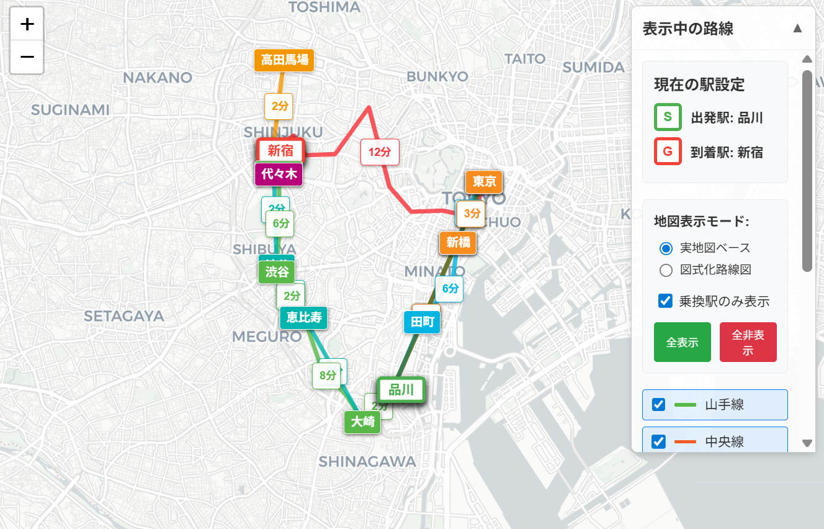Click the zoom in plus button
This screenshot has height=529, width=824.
coord(27,24)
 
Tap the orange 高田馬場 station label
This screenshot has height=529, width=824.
coord(284,60)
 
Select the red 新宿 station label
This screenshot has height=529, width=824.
coord(280,150)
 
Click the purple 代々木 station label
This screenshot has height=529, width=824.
coord(279,174)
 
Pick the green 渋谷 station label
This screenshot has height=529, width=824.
coord(277,272)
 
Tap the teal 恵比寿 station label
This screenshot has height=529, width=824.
coord(303,317)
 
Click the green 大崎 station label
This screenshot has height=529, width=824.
coord(362,422)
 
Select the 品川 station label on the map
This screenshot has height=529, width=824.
coord(401,390)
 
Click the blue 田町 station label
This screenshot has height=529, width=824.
coord(422,322)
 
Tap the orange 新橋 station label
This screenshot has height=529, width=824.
coord(458,242)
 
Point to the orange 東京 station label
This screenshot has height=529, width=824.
coord(484,181)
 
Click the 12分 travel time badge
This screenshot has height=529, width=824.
coord(380,151)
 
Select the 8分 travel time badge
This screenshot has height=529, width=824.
coord(327,375)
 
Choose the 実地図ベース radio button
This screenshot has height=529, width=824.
coord(666,248)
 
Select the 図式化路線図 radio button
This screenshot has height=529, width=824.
coord(666,270)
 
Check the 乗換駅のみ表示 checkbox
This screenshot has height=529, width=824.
coord(665,301)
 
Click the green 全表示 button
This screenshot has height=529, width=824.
coord(682,342)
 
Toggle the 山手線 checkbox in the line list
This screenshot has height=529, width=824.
coord(659,405)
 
